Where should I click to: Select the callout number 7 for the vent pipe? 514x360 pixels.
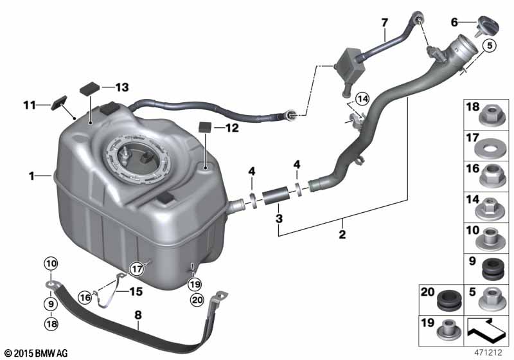click(384, 22)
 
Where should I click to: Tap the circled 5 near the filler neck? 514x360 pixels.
click(490, 46)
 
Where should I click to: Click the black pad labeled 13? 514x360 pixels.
click(90, 89)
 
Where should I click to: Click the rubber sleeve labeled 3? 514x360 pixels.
click(275, 195)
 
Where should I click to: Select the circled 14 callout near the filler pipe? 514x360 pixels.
click(362, 99)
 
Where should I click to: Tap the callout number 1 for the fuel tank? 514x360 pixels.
click(31, 176)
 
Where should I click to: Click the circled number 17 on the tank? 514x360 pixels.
click(137, 269)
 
